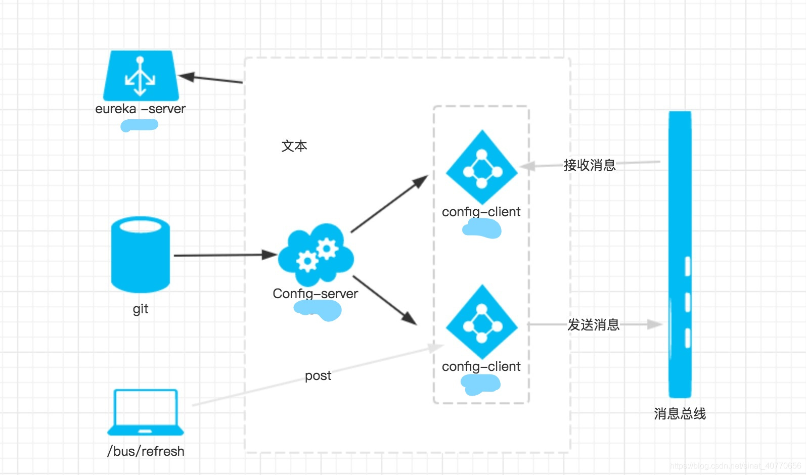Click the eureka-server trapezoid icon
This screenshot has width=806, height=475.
(x=141, y=75)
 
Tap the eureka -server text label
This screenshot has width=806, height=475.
(x=141, y=109)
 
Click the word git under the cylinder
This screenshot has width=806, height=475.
(x=141, y=309)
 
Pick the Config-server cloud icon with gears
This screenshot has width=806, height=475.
(x=316, y=255)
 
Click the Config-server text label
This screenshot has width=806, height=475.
(x=315, y=294)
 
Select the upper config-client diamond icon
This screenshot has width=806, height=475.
(x=481, y=167)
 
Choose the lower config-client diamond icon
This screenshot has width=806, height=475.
(x=481, y=321)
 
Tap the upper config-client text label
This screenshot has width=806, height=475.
(x=481, y=212)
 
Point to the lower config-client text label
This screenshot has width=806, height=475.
(x=481, y=366)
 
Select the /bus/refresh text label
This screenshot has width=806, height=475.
(x=146, y=451)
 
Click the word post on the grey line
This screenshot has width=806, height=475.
(x=318, y=375)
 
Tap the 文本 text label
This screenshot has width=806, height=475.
(x=294, y=146)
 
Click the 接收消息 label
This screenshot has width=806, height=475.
(x=590, y=165)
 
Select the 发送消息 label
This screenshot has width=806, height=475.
(x=593, y=325)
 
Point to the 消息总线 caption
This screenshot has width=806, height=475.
(x=680, y=414)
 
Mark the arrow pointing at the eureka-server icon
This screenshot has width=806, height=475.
(x=210, y=78)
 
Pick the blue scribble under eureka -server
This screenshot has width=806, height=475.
(x=139, y=125)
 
